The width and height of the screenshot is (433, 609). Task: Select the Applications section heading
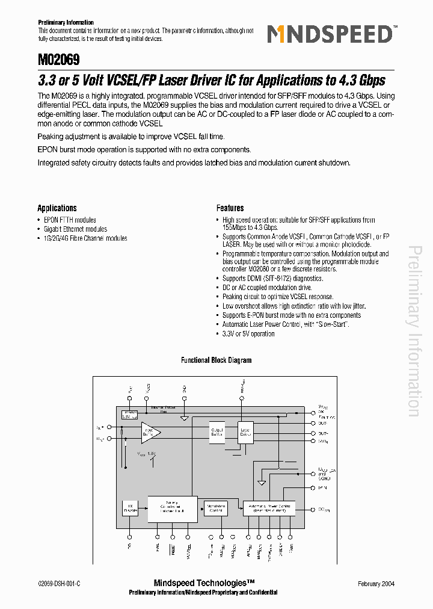pos(57,208)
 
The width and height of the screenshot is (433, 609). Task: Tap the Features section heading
pos(230,208)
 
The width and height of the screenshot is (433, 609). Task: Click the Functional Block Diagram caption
pos(216,360)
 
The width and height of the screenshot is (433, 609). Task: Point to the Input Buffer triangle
pos(150,431)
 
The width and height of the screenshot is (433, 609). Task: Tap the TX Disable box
pos(130,508)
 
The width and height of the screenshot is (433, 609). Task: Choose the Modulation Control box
pos(216,508)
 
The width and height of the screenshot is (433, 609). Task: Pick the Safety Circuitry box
pos(172,509)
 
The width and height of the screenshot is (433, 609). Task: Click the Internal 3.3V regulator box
pos(130,414)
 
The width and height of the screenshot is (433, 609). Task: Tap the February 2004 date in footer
pos(375,584)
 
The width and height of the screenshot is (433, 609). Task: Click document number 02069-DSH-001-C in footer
pos(59,584)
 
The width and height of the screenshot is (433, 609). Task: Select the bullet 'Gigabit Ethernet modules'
pos(76,229)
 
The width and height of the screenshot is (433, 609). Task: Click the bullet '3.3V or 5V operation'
pos(248,334)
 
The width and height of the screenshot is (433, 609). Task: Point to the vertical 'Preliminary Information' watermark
pos(414,331)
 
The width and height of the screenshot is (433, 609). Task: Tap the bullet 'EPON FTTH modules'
pos(70,220)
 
